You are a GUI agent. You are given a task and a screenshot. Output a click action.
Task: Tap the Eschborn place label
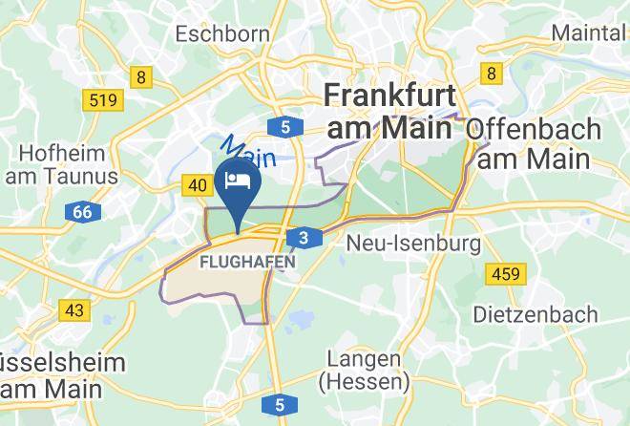pyautogui.click(x=223, y=33)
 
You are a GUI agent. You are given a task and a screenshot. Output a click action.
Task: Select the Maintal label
pyautogui.click(x=589, y=32)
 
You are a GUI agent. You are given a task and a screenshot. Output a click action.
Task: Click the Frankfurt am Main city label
pyautogui.click(x=388, y=110)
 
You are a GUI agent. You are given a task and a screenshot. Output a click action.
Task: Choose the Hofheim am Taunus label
pyautogui.click(x=62, y=164)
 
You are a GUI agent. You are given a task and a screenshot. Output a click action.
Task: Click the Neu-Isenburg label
pyautogui.click(x=413, y=244)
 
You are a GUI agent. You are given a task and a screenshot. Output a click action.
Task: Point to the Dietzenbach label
pyautogui.click(x=535, y=313)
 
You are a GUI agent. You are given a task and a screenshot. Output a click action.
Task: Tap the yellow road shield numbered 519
pyautogui.click(x=102, y=99)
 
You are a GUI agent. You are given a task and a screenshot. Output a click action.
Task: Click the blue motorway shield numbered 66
pyautogui.click(x=82, y=212)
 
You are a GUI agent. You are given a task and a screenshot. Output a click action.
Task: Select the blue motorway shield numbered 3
pyautogui.click(x=303, y=238)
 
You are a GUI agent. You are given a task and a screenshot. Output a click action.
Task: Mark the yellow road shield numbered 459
pyautogui.click(x=505, y=275)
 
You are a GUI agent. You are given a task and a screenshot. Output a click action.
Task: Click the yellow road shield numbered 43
pyautogui.click(x=74, y=310)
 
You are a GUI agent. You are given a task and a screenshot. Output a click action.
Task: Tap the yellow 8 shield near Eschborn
pyautogui.click(x=141, y=77)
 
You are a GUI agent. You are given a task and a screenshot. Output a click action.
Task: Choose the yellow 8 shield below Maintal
pyautogui.click(x=492, y=73)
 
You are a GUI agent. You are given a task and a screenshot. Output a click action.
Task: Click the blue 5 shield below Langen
pyautogui.click(x=279, y=406)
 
